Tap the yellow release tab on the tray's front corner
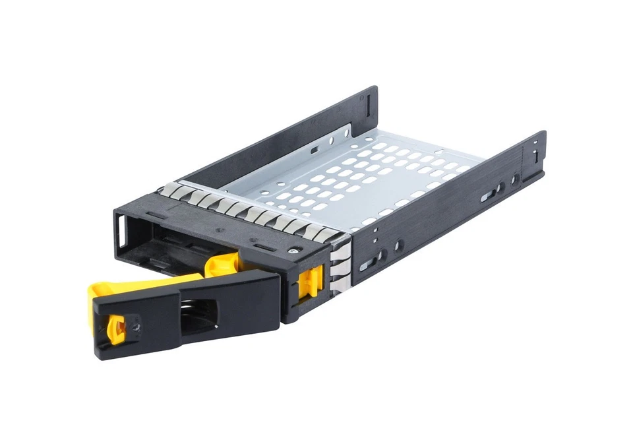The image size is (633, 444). pyautogui.click(x=311, y=282)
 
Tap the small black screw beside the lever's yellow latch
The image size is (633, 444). pyautogui.click(x=136, y=325)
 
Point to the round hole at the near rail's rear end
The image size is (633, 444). pyautogui.click(x=514, y=180)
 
